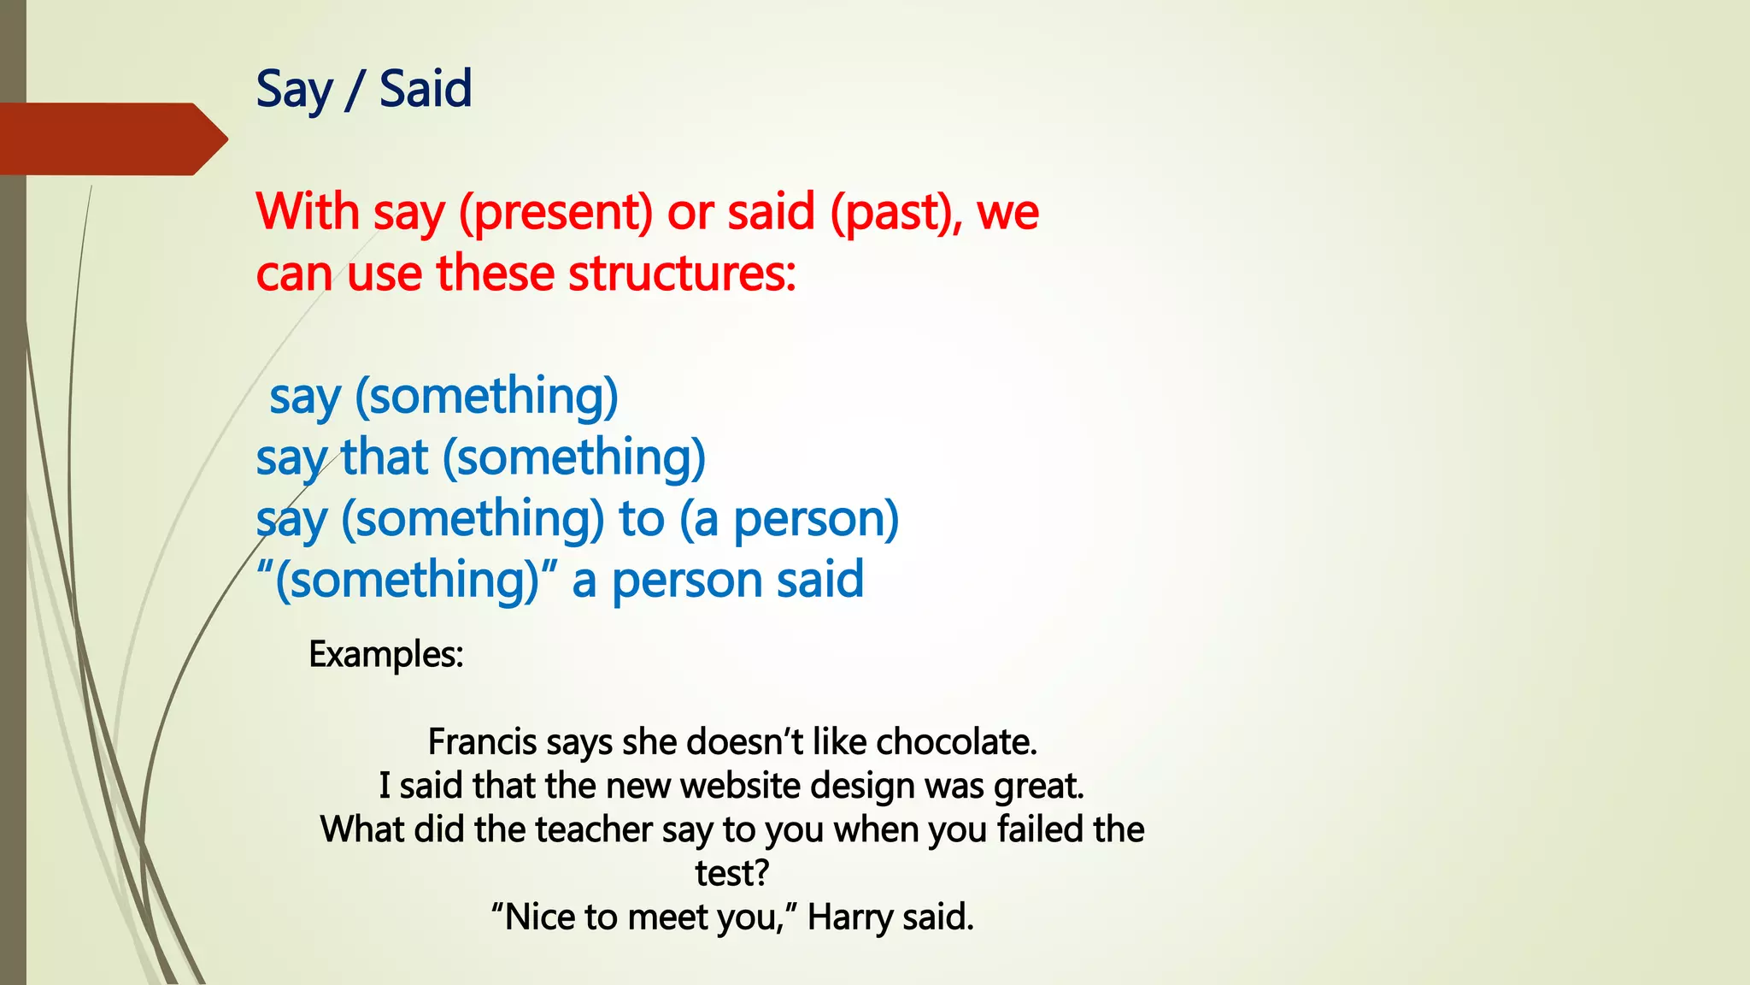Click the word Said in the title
pyautogui.click(x=425, y=89)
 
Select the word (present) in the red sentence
pyautogui.click(x=555, y=212)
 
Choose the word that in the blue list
pyautogui.click(x=385, y=457)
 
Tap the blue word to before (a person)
pyautogui.click(x=641, y=519)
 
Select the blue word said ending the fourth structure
pyautogui.click(x=819, y=580)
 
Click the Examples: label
pyautogui.click(x=385, y=655)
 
